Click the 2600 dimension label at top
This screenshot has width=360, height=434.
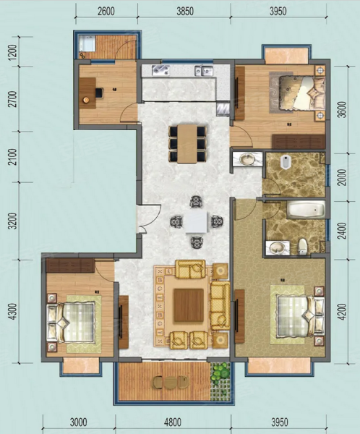click(106, 12)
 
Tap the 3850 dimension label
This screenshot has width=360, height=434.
click(185, 12)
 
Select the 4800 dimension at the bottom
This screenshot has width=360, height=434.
click(172, 422)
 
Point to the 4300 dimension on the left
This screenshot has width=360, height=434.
click(13, 312)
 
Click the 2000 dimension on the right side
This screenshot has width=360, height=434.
click(343, 177)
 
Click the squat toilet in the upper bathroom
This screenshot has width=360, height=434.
click(285, 161)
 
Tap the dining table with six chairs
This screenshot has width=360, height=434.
click(187, 144)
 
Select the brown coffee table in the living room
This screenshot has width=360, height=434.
click(189, 305)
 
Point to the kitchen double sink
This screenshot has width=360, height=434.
click(204, 71)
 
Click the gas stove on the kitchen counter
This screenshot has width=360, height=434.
click(160, 70)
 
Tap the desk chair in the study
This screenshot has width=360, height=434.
click(99, 93)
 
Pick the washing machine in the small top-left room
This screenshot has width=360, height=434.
click(87, 43)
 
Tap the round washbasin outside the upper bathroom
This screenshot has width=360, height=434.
click(247, 159)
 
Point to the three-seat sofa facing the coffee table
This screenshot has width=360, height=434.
click(220, 305)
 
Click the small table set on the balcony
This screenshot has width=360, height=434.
click(171, 382)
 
